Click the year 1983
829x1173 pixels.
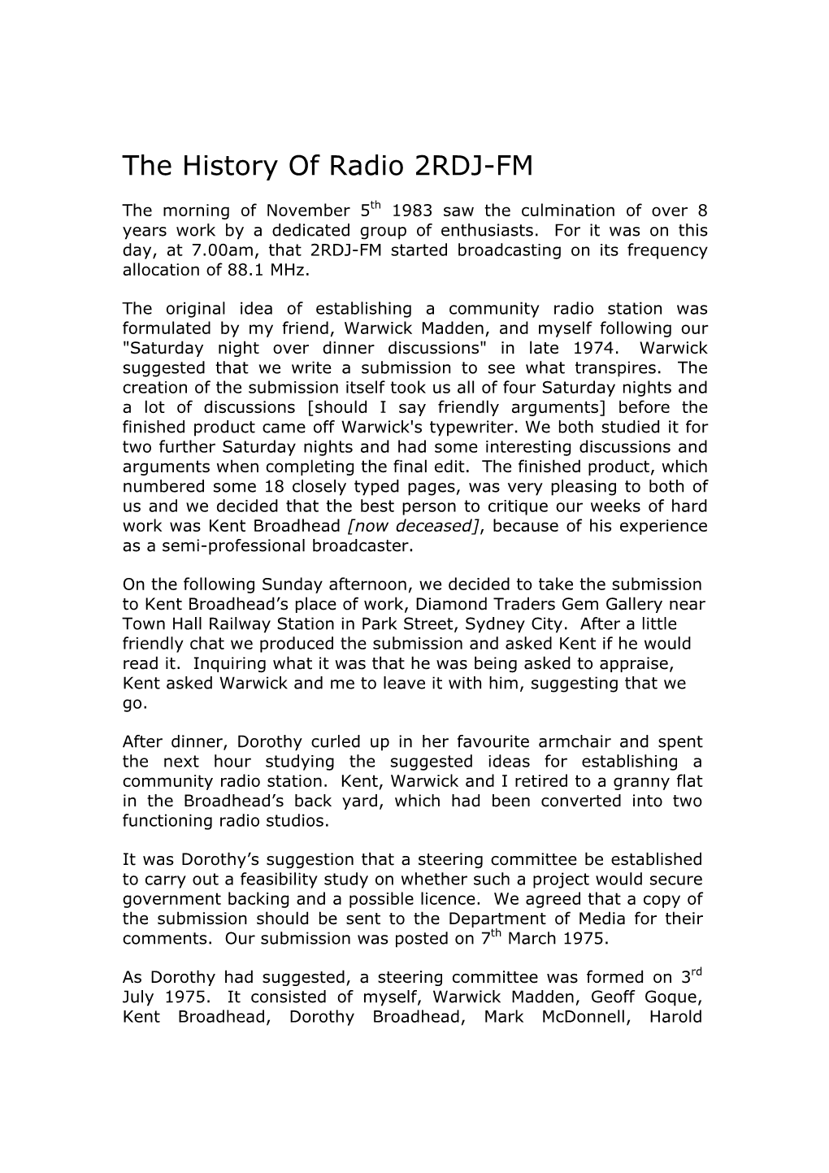413,211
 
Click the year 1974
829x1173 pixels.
597,348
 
